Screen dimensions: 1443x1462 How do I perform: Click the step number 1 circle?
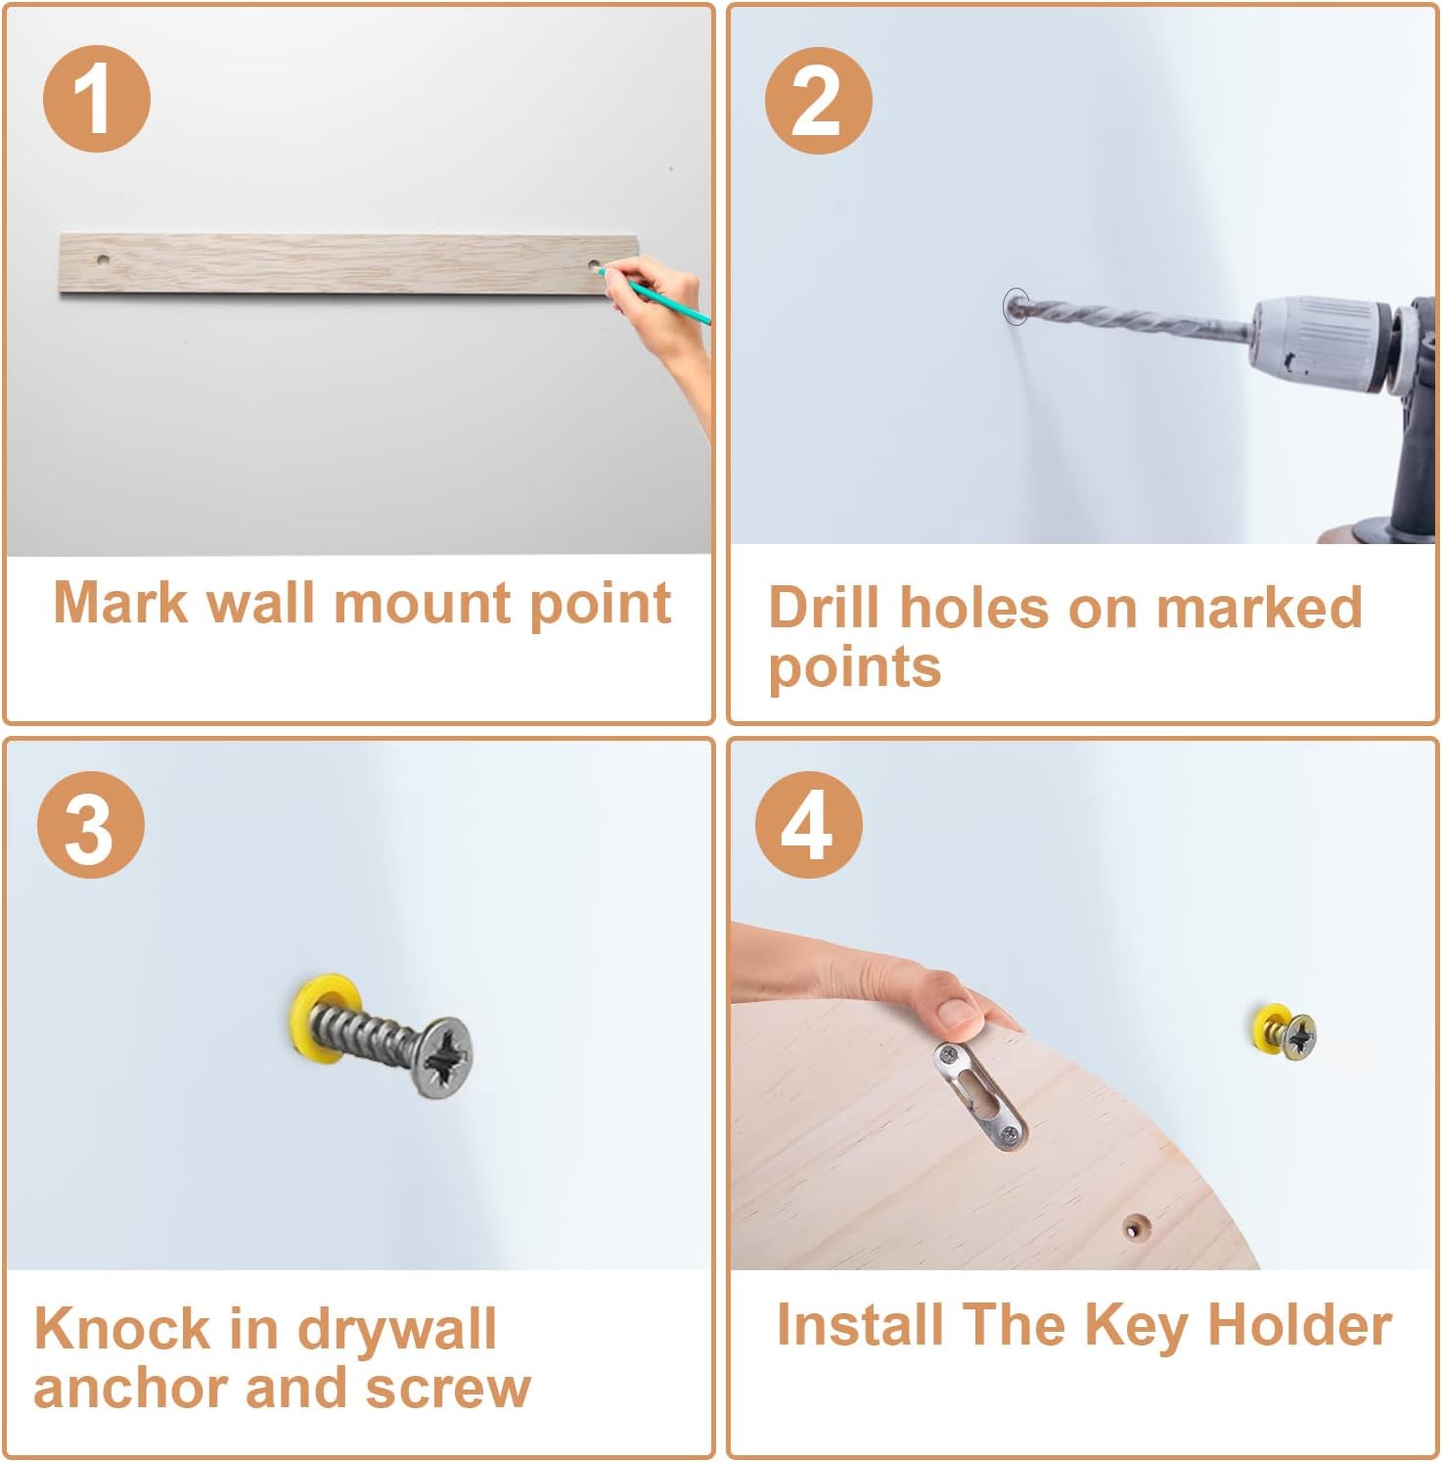pyautogui.click(x=96, y=99)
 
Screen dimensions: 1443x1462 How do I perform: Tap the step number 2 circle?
pyautogui.click(x=818, y=100)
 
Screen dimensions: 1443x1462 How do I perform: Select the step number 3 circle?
pyautogui.click(x=91, y=824)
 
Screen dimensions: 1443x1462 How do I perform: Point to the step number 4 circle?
pyautogui.click(x=808, y=824)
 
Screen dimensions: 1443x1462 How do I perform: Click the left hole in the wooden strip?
pyautogui.click(x=103, y=261)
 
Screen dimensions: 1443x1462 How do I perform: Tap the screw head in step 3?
pyautogui.click(x=442, y=1057)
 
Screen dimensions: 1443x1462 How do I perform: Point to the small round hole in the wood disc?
pyautogui.click(x=1136, y=1226)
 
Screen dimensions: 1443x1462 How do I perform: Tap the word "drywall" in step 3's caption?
pyautogui.click(x=396, y=1329)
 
